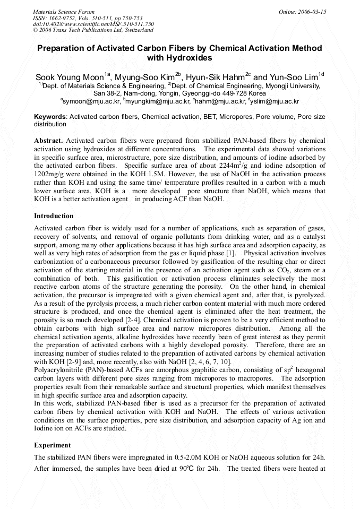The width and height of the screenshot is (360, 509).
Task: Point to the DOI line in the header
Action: click(x=93, y=24)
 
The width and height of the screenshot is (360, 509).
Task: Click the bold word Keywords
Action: click(x=50, y=116)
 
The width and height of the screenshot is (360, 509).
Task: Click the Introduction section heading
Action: click(x=54, y=216)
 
